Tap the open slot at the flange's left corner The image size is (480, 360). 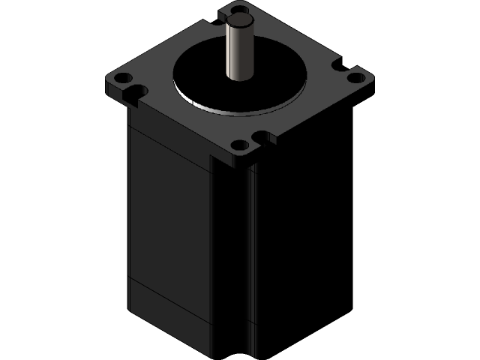(x=136, y=92)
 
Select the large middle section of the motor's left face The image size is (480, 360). (x=169, y=217)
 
